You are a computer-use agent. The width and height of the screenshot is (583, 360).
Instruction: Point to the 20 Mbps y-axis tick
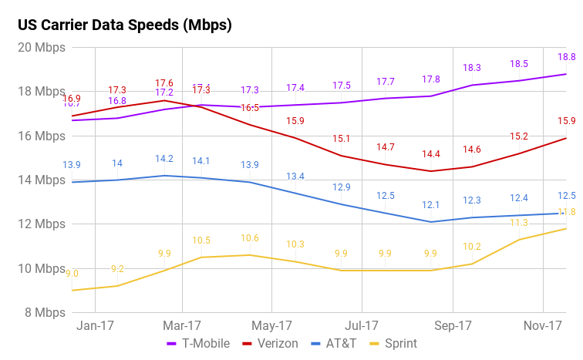point(40,48)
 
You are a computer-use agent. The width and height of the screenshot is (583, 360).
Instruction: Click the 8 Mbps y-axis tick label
point(43,313)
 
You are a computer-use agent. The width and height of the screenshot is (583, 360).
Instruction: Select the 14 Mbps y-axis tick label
point(40,180)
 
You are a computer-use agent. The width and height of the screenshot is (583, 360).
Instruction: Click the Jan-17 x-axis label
point(96,326)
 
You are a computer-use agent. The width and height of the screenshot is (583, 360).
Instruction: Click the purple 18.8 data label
point(566,57)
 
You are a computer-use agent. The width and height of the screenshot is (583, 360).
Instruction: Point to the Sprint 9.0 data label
point(72,274)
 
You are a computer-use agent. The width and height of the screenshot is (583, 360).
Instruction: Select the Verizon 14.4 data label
point(430,154)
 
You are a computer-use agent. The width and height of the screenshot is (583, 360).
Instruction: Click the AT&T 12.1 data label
point(430,205)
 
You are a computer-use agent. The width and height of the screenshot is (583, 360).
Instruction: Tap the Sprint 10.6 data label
point(250,238)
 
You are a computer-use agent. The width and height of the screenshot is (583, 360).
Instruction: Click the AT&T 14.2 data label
point(164,159)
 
